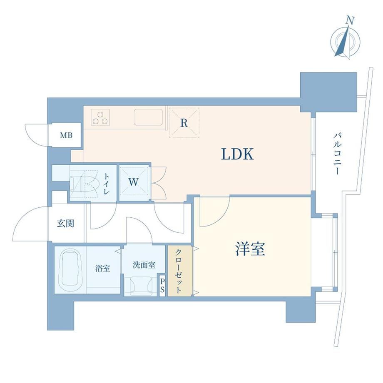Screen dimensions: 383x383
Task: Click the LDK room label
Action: (237, 154)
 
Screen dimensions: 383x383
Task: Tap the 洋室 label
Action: (250, 249)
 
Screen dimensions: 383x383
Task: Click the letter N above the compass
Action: (350, 21)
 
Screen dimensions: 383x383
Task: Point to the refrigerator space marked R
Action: (184, 123)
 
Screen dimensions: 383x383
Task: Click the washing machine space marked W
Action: (134, 182)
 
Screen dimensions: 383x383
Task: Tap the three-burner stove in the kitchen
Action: (100, 117)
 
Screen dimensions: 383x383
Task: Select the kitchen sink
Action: (148, 117)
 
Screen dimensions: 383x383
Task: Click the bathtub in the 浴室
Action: (71, 269)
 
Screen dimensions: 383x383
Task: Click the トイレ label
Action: (107, 184)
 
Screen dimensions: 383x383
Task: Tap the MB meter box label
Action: (66, 135)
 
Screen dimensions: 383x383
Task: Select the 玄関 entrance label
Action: (65, 224)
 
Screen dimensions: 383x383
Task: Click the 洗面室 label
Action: (144, 265)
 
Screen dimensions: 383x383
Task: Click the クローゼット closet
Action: (179, 271)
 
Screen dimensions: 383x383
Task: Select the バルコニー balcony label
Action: (337, 154)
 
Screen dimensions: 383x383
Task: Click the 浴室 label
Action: (102, 269)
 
